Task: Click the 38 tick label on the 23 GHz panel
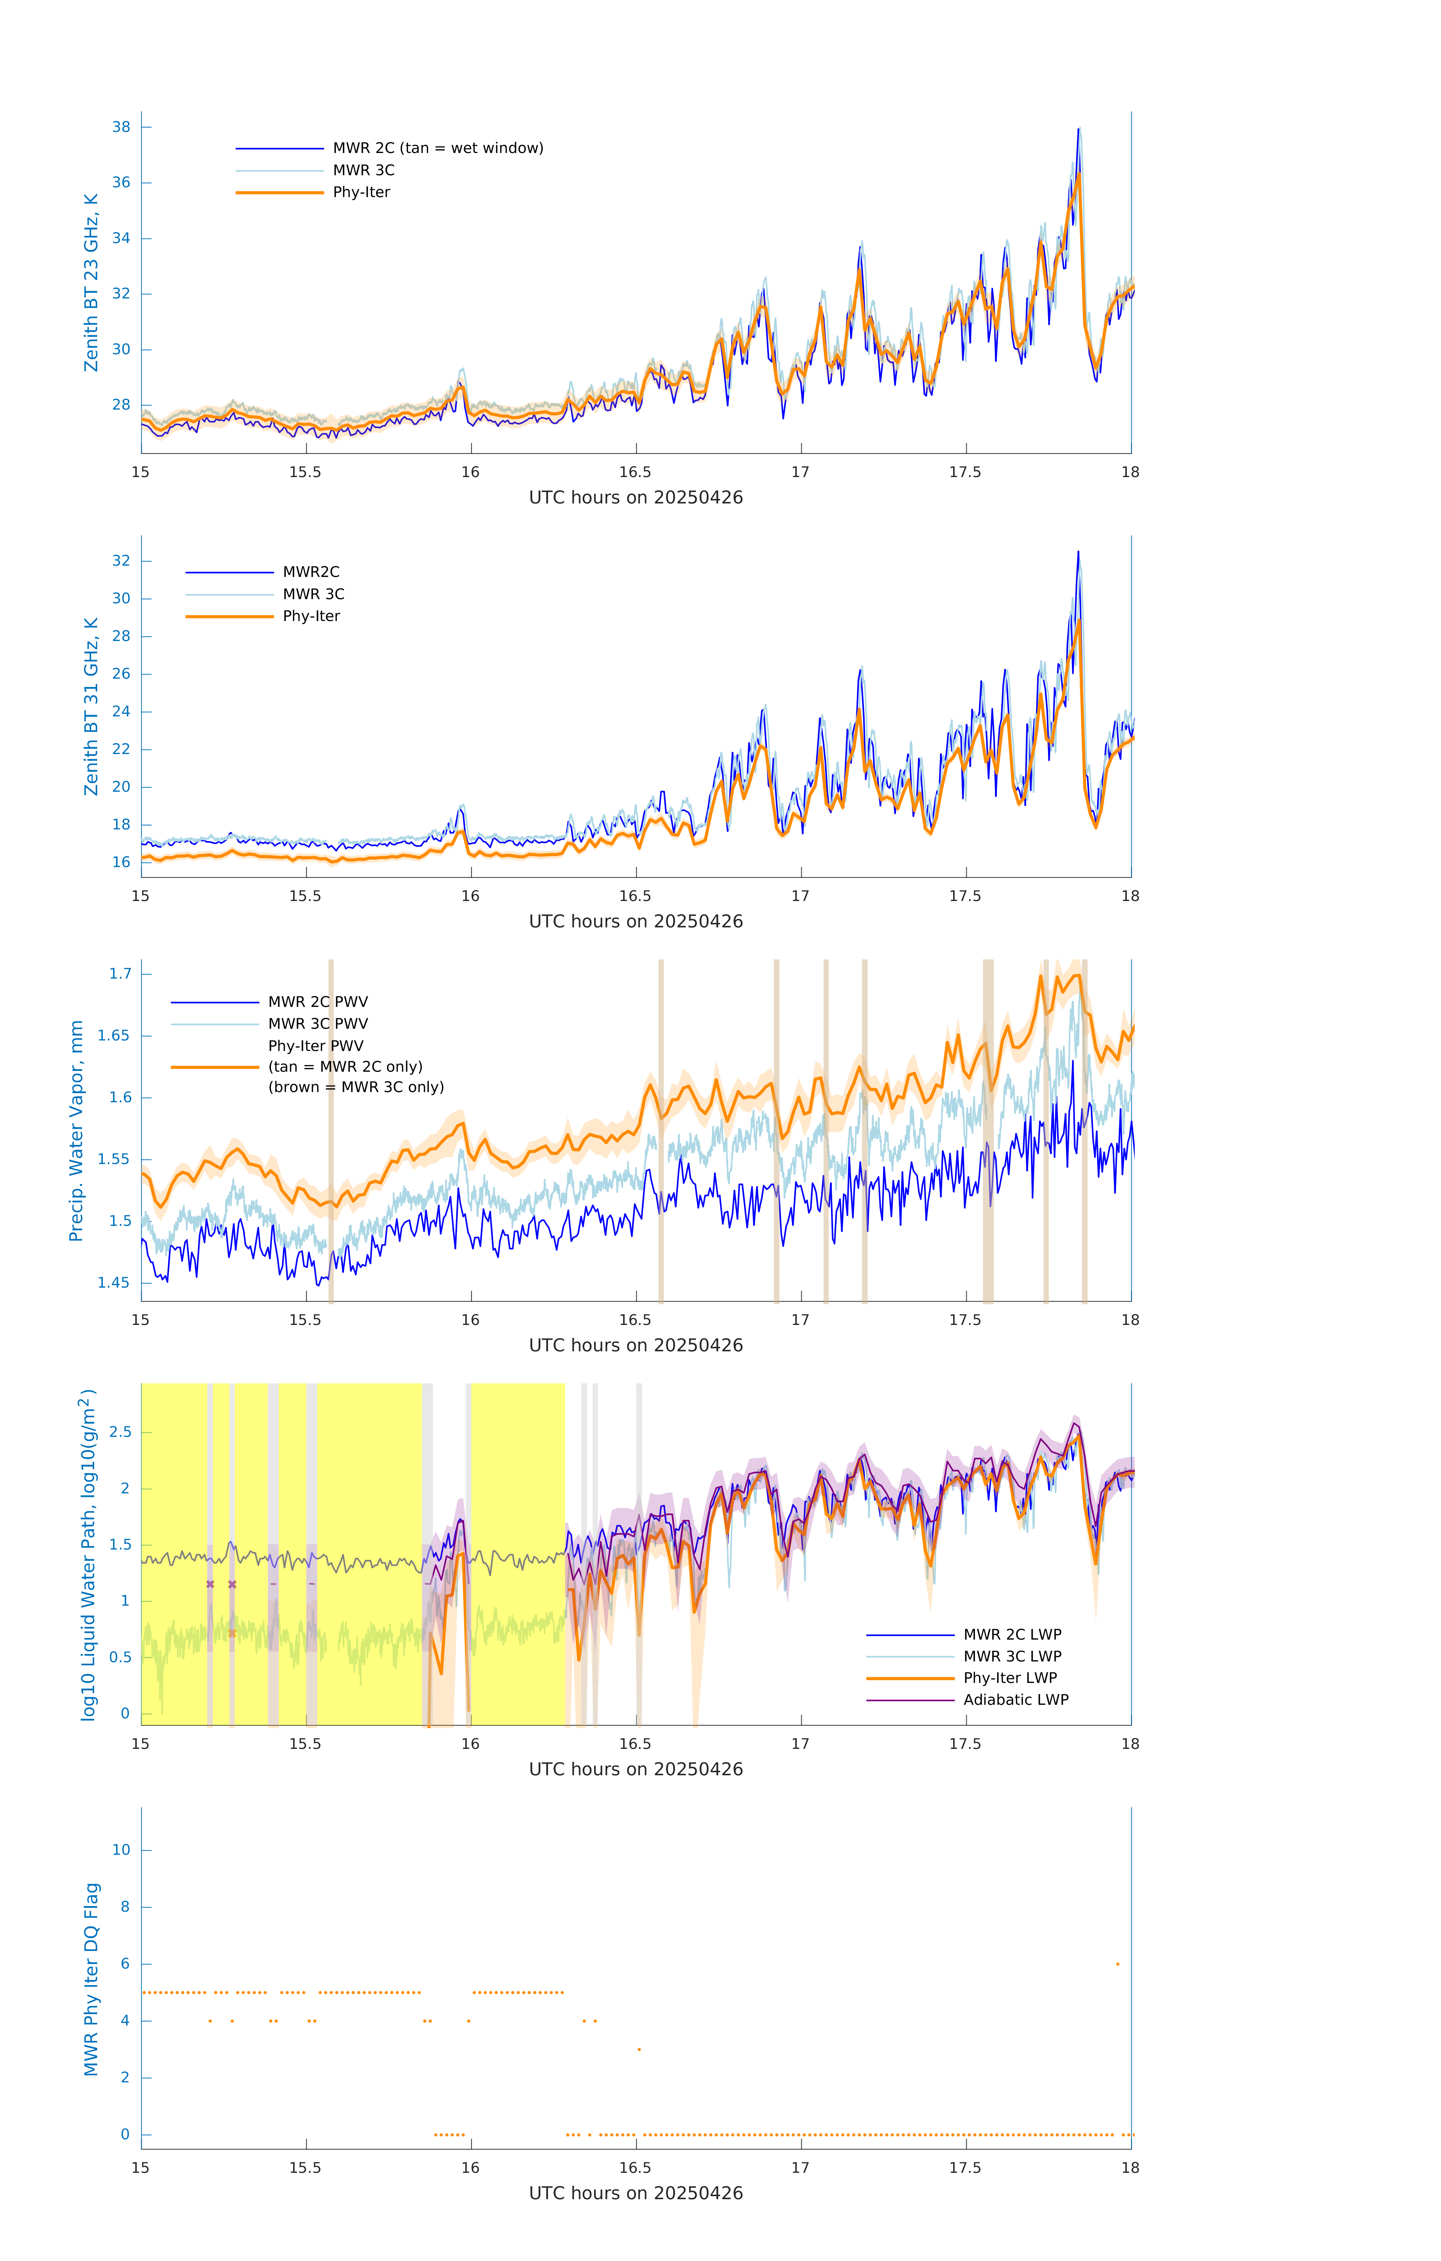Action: [121, 127]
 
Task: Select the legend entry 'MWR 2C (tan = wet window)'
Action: [437, 148]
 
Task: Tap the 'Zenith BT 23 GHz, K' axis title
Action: [91, 283]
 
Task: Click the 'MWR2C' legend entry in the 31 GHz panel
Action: [311, 572]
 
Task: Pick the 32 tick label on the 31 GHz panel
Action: [121, 561]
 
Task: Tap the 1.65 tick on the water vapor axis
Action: [114, 1036]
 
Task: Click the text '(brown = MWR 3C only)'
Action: [356, 1087]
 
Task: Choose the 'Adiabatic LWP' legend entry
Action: [1016, 1700]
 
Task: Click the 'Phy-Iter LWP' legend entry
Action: [1010, 1678]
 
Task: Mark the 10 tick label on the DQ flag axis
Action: [121, 1850]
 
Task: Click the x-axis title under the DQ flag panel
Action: [636, 2194]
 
